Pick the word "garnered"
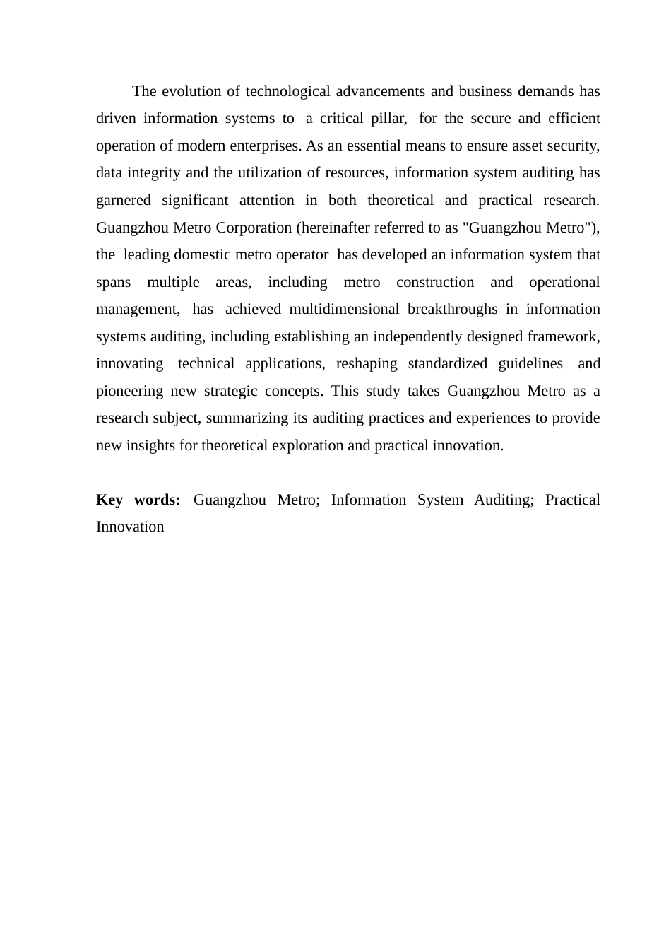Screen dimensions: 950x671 pos(124,200)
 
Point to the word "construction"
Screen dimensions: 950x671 pos(435,282)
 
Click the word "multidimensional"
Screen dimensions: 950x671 pos(344,309)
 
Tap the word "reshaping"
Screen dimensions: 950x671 pos(367,363)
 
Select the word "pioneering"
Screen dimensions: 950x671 pos(129,391)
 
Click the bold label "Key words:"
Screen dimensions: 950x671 pos(138,500)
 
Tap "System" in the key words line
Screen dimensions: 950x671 pos(440,500)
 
